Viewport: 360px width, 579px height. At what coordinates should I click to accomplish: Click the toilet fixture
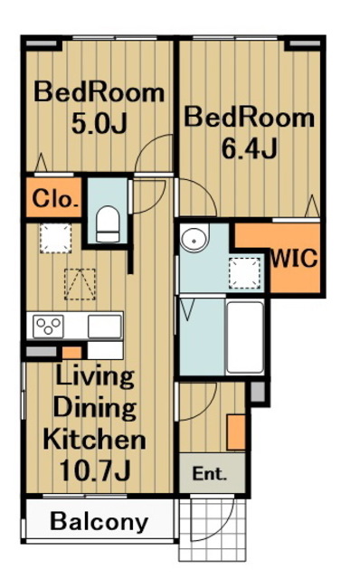[108, 223]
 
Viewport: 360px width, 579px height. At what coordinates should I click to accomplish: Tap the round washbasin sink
[194, 239]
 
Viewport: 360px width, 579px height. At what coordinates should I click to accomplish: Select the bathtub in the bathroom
[245, 337]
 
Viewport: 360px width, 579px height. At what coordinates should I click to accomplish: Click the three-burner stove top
[48, 326]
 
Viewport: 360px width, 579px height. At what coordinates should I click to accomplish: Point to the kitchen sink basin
[105, 327]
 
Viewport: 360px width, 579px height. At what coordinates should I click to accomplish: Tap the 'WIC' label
[294, 258]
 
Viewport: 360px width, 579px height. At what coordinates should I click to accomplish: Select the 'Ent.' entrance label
[209, 473]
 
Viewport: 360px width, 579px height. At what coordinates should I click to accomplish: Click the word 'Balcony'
[99, 522]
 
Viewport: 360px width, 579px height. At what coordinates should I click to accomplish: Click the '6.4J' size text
[249, 148]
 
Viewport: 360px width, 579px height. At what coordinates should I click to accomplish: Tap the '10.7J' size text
[95, 470]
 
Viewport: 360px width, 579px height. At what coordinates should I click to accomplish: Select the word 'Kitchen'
[94, 439]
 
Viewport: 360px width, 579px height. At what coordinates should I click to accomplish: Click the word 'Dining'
[95, 408]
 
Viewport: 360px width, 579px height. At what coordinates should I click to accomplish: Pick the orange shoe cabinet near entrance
[236, 432]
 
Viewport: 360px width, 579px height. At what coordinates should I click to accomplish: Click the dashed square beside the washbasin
[244, 272]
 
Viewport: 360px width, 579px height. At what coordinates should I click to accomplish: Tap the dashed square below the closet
[56, 238]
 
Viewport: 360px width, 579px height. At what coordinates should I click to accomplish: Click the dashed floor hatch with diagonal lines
[80, 284]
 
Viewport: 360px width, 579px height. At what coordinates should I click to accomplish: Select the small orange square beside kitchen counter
[71, 353]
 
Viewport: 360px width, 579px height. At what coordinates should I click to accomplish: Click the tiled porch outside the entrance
[213, 530]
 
